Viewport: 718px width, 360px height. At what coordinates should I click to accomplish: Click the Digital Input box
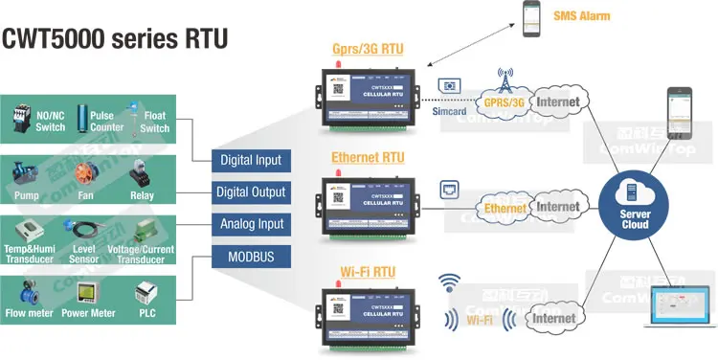(251, 160)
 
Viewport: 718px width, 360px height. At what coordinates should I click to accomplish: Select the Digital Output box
(251, 192)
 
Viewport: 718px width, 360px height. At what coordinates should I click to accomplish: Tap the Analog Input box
(251, 225)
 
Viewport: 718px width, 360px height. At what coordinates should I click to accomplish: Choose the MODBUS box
(251, 258)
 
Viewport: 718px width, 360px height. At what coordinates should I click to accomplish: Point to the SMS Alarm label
(581, 16)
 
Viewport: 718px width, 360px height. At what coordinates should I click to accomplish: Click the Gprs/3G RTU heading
(368, 49)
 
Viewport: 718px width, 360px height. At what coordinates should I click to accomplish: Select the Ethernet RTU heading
(368, 157)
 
